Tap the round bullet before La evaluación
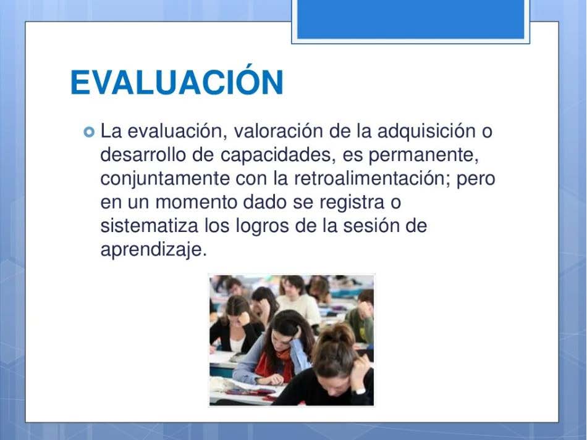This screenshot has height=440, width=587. pos(89,132)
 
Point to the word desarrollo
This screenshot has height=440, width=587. pos(143,154)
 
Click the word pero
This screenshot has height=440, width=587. pos(476,180)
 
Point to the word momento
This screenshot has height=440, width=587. pos(196,202)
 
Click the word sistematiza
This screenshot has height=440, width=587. pos(150,226)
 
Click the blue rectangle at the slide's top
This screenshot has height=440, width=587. pos(411,19)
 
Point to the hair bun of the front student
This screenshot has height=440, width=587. pos(337,333)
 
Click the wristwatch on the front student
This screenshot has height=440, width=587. pos(359,391)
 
